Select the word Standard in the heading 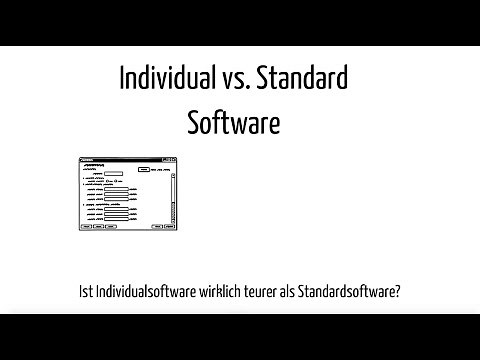(303, 78)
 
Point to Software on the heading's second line (233, 123)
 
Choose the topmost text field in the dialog (112, 174)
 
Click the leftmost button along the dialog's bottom (85, 227)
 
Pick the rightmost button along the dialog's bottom (171, 227)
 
